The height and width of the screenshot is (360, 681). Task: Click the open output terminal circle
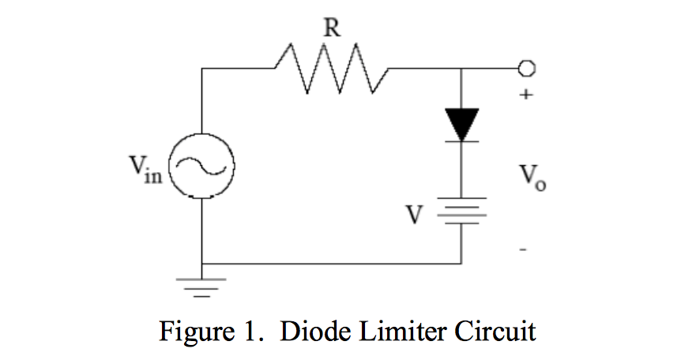tap(528, 69)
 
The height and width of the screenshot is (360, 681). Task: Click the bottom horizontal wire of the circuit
tap(332, 264)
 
